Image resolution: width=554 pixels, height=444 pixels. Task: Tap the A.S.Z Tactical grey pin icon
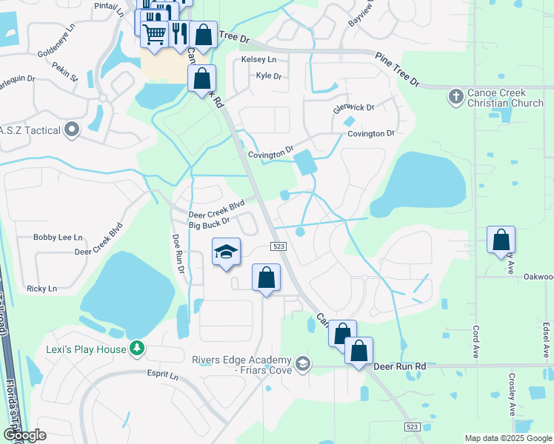72,130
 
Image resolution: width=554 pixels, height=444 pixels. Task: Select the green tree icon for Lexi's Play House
136,348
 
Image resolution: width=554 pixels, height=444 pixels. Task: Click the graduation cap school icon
227,252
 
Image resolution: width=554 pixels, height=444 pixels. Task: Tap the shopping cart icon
154,34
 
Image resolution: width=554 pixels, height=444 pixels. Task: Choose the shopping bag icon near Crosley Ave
501,240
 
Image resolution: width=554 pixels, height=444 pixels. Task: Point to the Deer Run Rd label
400,366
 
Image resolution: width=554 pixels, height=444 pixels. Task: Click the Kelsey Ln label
258,59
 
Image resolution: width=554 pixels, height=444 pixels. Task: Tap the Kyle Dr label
269,75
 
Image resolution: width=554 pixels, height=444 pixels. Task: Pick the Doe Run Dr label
178,255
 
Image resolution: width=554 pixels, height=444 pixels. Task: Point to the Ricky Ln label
41,289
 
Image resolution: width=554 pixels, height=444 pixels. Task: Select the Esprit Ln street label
163,375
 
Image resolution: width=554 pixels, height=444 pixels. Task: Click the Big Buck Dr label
210,223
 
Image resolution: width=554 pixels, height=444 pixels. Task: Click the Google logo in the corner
25,434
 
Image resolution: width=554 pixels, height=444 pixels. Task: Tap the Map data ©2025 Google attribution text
507,438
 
